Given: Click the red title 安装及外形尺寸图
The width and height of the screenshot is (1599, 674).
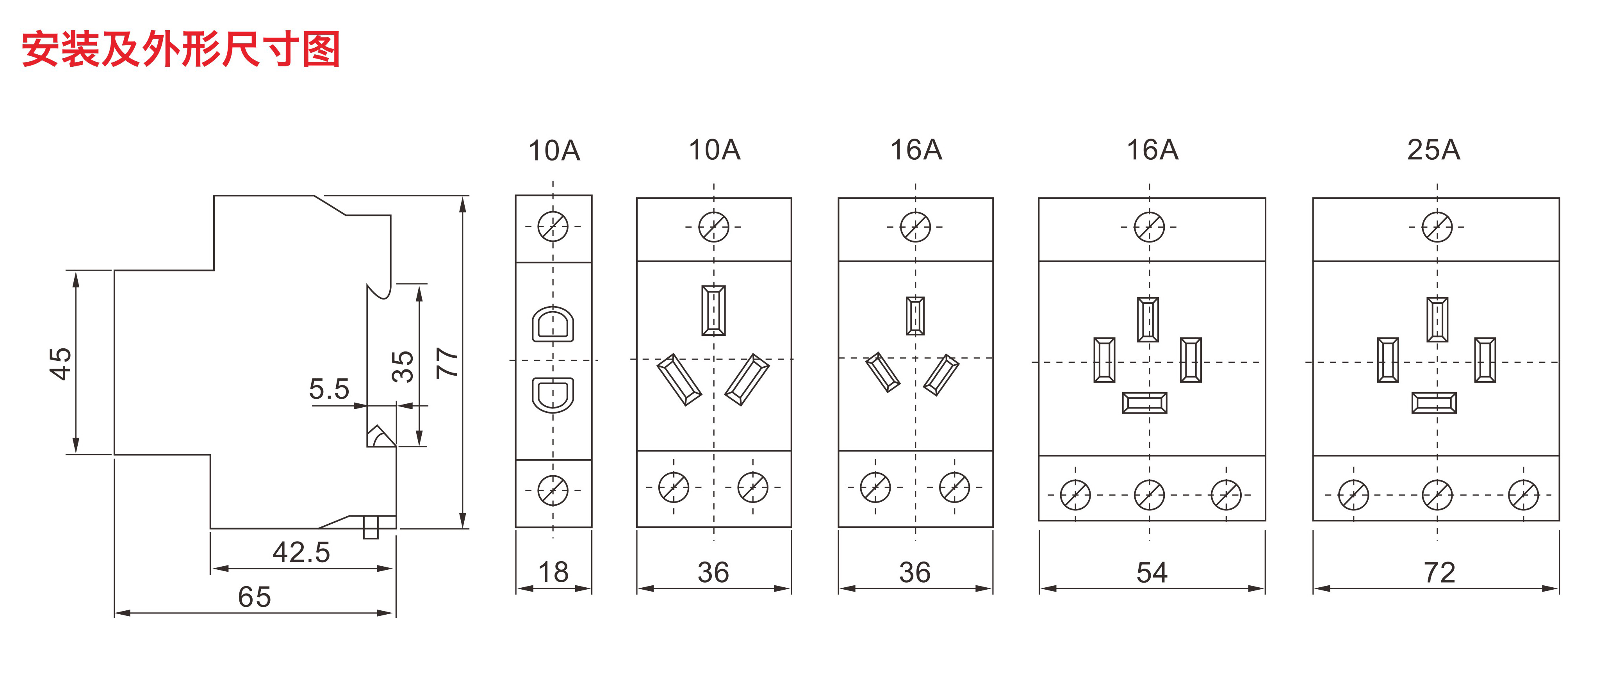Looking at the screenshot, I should pyautogui.click(x=180, y=49).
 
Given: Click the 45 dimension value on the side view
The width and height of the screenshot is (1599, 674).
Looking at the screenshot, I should pyautogui.click(x=60, y=363).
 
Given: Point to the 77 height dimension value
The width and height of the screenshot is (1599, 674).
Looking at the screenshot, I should pyautogui.click(x=447, y=362).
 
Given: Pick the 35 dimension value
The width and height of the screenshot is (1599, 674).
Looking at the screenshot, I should pyautogui.click(x=402, y=366).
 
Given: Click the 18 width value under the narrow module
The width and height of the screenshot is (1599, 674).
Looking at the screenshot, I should pyautogui.click(x=553, y=572).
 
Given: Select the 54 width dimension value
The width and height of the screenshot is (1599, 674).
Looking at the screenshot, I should pyautogui.click(x=1152, y=572).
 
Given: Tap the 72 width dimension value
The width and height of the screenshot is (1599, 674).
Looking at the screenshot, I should pyautogui.click(x=1439, y=572).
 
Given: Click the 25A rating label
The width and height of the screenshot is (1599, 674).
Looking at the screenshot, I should pyautogui.click(x=1433, y=150).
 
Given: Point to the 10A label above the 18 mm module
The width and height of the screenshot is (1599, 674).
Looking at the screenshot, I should pyautogui.click(x=554, y=151).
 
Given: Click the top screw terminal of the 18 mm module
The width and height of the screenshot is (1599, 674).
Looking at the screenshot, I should pyautogui.click(x=553, y=226).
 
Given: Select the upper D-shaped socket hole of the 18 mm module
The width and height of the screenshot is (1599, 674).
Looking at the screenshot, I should pyautogui.click(x=553, y=324).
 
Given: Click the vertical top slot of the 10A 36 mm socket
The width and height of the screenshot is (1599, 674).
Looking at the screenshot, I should pyautogui.click(x=713, y=310).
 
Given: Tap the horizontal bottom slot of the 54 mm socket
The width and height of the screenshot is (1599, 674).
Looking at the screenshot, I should pyautogui.click(x=1144, y=403).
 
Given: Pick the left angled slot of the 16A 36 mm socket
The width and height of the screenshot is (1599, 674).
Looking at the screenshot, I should pyautogui.click(x=883, y=373).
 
